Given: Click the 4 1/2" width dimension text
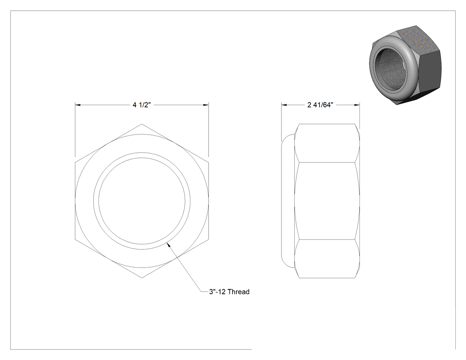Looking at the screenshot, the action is [142, 105].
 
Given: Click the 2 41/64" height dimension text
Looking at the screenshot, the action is [320, 105].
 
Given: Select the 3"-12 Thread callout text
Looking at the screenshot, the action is [229, 292].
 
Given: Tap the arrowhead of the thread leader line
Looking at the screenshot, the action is [169, 245].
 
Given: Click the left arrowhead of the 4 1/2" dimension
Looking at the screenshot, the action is [78, 105].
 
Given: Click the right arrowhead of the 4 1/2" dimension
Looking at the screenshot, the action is [205, 105].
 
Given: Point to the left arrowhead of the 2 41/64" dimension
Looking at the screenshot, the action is [284, 105].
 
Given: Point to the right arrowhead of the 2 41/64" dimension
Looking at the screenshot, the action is [357, 105].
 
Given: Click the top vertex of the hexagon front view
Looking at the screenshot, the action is [142, 124].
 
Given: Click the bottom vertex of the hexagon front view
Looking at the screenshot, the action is [142, 278].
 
